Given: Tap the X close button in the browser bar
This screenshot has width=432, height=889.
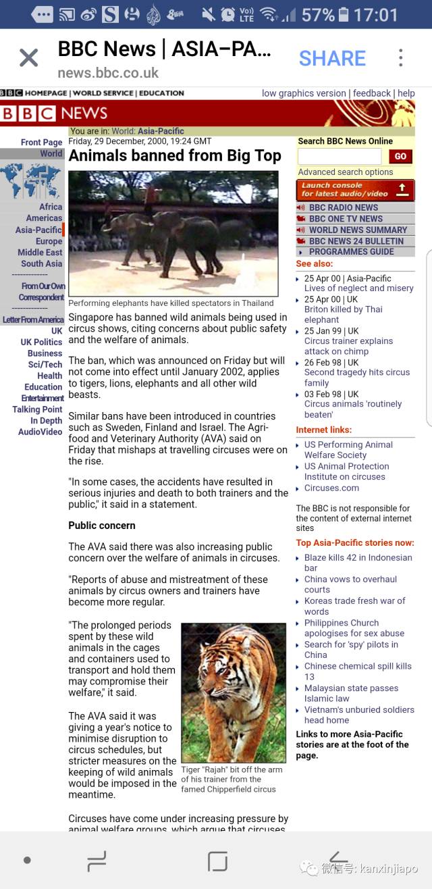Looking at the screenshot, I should tap(28, 58).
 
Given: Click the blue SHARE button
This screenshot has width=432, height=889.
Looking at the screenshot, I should tap(332, 58).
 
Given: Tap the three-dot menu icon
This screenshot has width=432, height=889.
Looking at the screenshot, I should tap(400, 58).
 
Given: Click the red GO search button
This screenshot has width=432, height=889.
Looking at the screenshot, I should tap(400, 157).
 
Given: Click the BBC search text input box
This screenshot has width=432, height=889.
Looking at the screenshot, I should tap(340, 157).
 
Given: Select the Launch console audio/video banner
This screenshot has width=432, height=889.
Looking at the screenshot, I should tap(355, 190).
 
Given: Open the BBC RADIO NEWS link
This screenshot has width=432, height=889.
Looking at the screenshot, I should tap(343, 208).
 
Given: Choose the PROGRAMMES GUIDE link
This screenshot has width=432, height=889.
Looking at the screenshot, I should tap(351, 252).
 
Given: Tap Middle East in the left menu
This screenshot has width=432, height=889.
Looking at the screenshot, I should tap(40, 253).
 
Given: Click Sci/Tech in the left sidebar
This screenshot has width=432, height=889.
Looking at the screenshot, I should tap(45, 365).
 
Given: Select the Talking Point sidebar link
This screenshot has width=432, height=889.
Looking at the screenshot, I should tap(37, 409).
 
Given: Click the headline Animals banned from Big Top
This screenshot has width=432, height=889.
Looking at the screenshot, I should tap(175, 156).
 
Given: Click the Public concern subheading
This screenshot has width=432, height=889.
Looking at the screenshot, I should tap(102, 526).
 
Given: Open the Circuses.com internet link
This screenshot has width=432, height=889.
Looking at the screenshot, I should tap(331, 488).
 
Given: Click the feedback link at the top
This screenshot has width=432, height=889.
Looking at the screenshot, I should tap(372, 93).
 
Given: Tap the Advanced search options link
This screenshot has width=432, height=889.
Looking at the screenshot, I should tap(346, 172).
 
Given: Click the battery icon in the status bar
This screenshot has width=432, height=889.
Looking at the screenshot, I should tap(344, 14).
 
